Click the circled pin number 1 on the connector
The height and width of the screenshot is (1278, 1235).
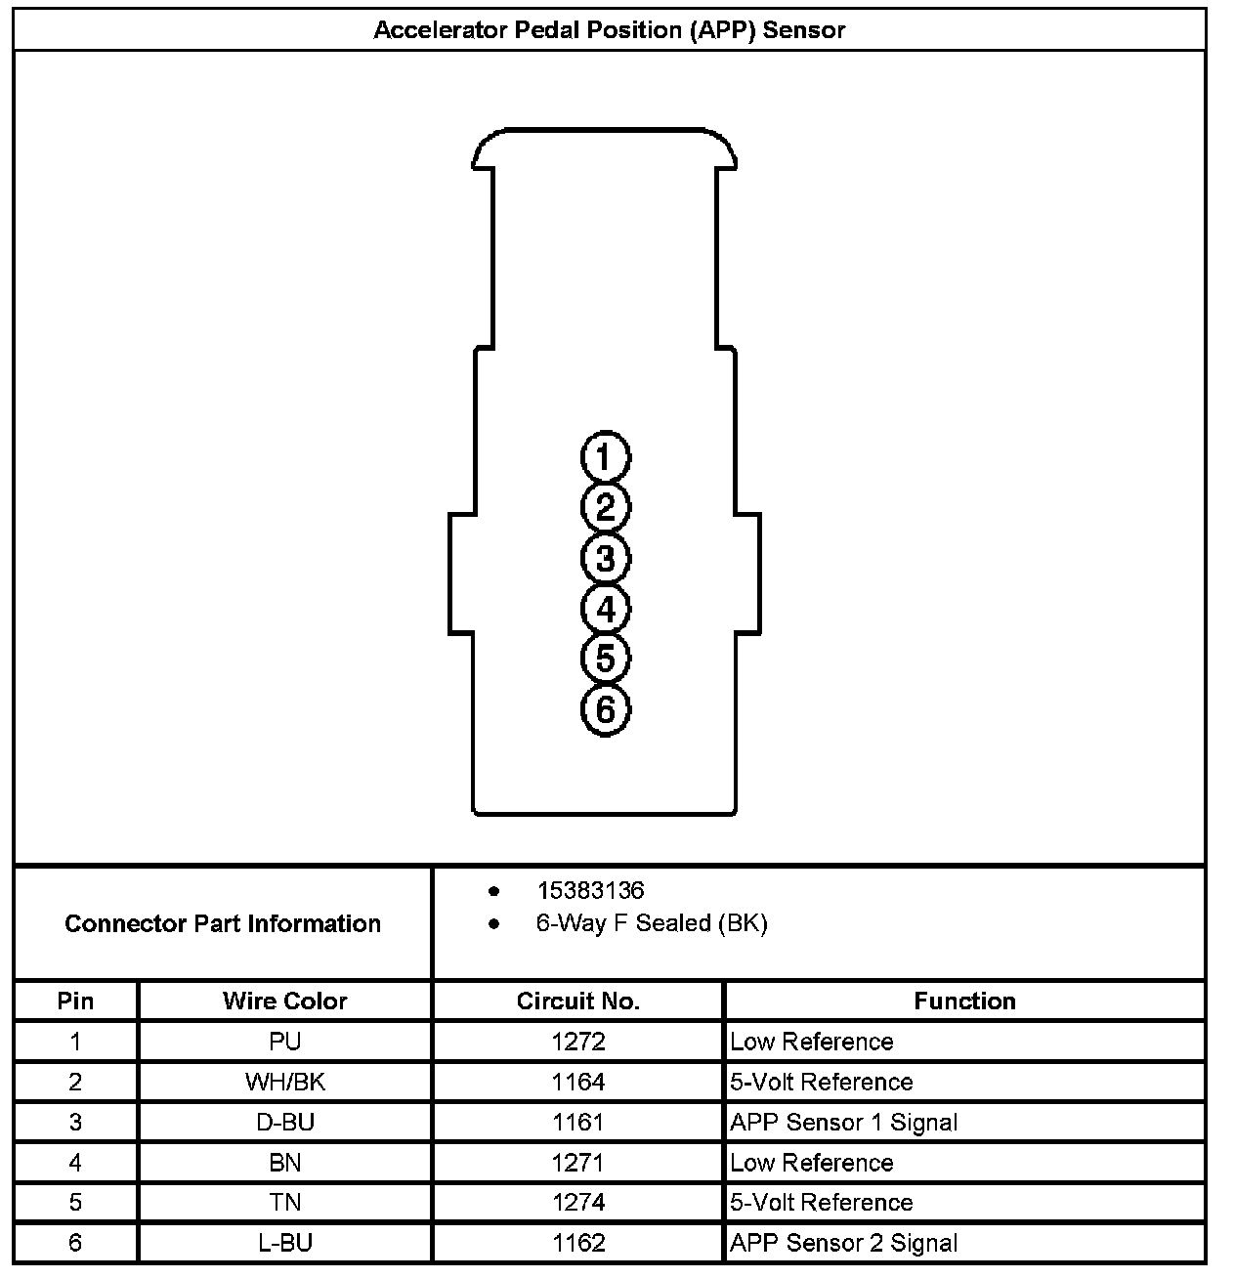click(606, 457)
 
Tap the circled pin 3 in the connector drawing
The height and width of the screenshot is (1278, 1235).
click(606, 559)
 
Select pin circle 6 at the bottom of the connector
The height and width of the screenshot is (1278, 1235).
click(606, 709)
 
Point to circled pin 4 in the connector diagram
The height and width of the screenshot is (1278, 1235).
click(606, 610)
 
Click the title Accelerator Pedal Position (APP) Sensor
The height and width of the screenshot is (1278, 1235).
click(609, 30)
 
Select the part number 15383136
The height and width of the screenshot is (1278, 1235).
click(590, 890)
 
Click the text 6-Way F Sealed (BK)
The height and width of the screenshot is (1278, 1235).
click(652, 923)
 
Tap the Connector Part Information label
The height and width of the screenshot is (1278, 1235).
click(223, 923)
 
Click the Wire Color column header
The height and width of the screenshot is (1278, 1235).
click(284, 1001)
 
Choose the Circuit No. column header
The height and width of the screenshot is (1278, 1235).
click(577, 1001)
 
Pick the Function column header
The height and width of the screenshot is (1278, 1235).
click(964, 1001)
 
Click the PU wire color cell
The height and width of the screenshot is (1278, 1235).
click(284, 1042)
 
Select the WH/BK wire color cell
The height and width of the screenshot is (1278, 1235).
click(284, 1082)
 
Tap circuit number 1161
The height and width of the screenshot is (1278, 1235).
click(577, 1123)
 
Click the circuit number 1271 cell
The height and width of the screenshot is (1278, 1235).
click(577, 1163)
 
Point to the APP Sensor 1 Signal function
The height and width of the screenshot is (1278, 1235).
click(843, 1123)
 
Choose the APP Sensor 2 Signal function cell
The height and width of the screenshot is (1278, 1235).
click(843, 1243)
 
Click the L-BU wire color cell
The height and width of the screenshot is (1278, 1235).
click(284, 1243)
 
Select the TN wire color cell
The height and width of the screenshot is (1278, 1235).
click(284, 1203)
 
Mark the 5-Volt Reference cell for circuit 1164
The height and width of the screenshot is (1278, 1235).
click(821, 1082)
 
